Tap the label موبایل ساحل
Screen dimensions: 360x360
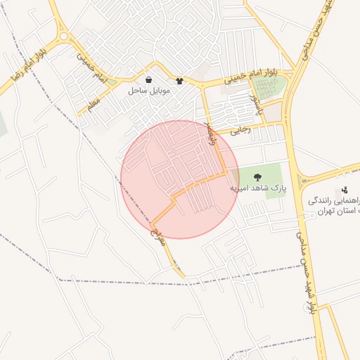pyautogui.click(x=146, y=91)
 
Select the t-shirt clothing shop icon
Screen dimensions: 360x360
pyautogui.click(x=180, y=81)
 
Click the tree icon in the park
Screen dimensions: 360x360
pyautogui.click(x=255, y=176)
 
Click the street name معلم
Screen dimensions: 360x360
pyautogui.click(x=93, y=104)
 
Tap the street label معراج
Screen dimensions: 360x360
pyautogui.click(x=159, y=228)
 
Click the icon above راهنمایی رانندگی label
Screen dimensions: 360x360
pyautogui.click(x=345, y=189)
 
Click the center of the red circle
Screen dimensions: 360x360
pyautogui.click(x=180, y=179)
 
